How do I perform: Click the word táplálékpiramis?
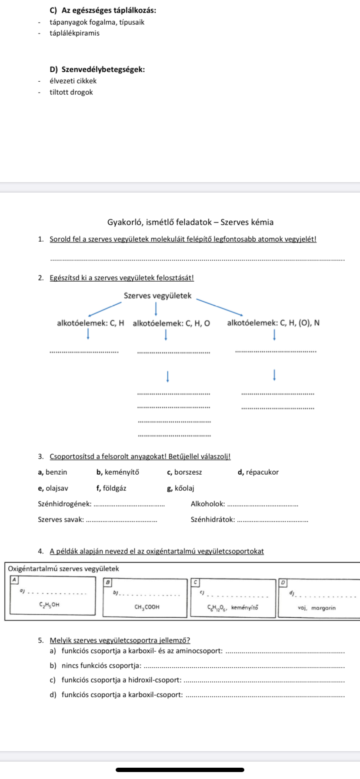coord(74,33)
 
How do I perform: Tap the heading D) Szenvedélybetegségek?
coord(97,69)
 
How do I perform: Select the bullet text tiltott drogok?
coord(71,92)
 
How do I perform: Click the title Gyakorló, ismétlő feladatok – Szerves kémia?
coord(190,222)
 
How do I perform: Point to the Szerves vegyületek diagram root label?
coord(157,296)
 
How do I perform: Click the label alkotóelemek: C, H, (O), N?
coord(273,323)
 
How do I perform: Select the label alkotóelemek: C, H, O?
coord(171,323)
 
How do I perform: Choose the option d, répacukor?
coord(258,472)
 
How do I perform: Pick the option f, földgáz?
coord(111,488)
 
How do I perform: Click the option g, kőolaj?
coord(180,488)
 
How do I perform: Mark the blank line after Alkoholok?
coord(263,505)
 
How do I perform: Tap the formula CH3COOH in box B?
coord(147,607)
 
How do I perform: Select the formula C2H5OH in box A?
coord(49,604)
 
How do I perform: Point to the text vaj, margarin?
coord(317,608)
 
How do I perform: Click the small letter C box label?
coord(195,582)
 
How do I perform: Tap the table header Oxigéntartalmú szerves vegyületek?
coord(63,569)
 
